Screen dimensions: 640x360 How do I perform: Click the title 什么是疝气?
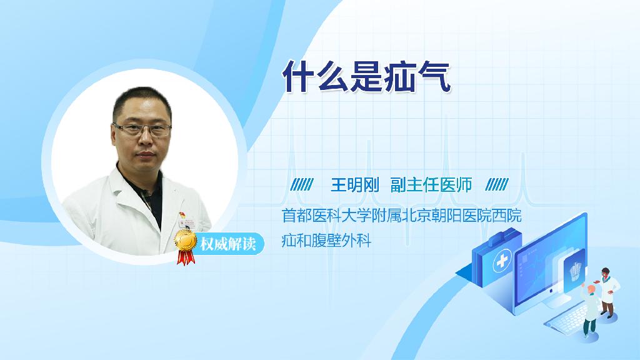pos(366,77)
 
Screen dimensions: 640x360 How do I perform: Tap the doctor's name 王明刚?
pos(355,185)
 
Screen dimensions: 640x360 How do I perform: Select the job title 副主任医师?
pos(431,185)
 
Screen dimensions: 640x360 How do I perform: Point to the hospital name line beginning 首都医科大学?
pos(402,216)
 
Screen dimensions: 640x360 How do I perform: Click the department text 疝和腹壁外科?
pos(326,241)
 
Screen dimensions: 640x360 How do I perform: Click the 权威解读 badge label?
pos(227,244)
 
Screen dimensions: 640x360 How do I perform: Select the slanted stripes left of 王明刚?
pos(302,184)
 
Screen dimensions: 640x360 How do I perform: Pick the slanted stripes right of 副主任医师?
pos(497,184)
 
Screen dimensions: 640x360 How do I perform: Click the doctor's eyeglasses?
pos(142,129)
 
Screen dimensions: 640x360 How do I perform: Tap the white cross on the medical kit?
pos(502,261)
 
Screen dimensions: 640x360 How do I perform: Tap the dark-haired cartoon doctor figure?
pos(607,292)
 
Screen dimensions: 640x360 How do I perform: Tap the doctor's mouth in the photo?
pos(145,154)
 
